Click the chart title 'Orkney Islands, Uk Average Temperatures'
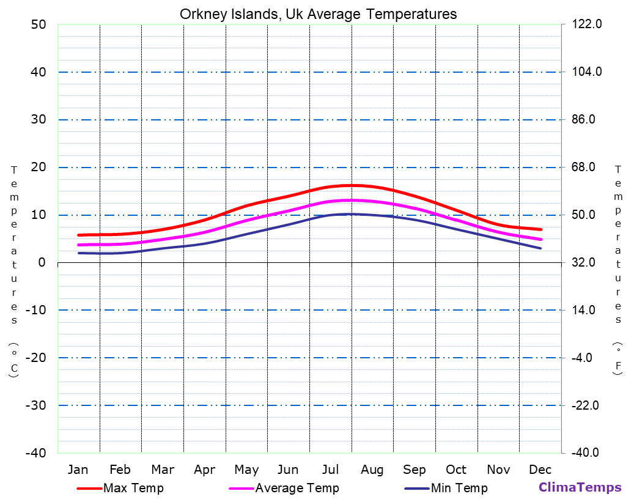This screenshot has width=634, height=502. pyautogui.click(x=318, y=14)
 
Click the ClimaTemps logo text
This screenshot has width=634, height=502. pyautogui.click(x=580, y=487)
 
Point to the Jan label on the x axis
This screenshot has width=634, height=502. pyautogui.click(x=78, y=470)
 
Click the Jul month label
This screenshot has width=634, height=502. pyautogui.click(x=330, y=470)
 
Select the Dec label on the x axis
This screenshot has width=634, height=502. pyautogui.click(x=540, y=470)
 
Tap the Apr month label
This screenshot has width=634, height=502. pyautogui.click(x=204, y=470)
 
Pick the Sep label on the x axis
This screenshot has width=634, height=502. pyautogui.click(x=414, y=470)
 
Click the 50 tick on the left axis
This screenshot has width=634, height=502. pyautogui.click(x=38, y=24)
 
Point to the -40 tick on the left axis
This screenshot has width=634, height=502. pyautogui.click(x=34, y=453)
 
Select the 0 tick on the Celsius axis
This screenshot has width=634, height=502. pyautogui.click(x=42, y=262)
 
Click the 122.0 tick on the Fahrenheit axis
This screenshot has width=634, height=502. pyautogui.click(x=587, y=24)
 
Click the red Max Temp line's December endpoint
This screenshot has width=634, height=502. pyautogui.click(x=540, y=229)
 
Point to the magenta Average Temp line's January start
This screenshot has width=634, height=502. pyautogui.click(x=78, y=245)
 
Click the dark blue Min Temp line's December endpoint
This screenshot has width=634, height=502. pyautogui.click(x=540, y=248)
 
